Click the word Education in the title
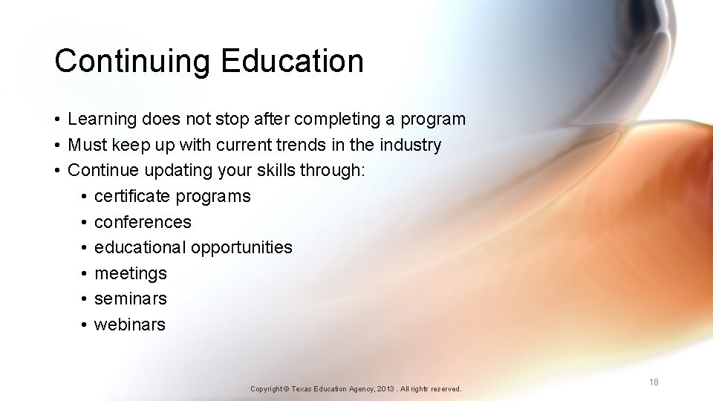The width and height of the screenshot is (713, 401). pos(292,60)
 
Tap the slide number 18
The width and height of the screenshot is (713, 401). pos(654,382)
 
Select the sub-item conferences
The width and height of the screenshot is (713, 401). pos(143,222)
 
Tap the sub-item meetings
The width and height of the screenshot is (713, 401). pos(131,273)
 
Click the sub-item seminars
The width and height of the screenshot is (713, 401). pos(131,299)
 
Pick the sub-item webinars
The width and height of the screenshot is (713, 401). pos(130,325)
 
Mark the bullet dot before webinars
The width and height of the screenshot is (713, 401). pos(85,325)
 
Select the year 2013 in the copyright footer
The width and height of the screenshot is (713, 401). pos(387,389)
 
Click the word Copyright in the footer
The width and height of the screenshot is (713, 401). pos(267,389)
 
